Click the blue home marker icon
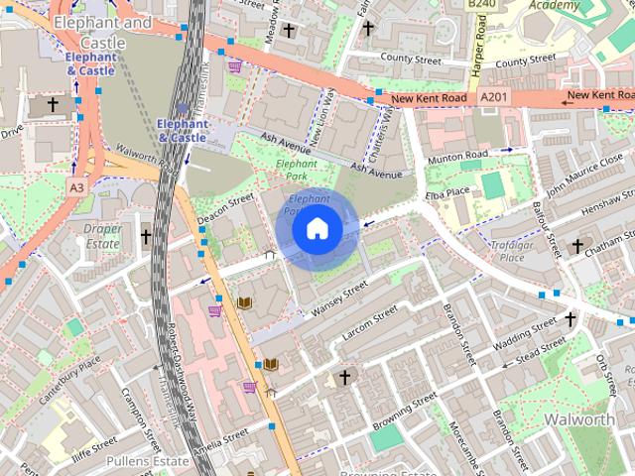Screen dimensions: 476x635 coord(317,229)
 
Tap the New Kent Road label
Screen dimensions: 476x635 coord(429,99)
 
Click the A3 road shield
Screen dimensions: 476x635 coord(76,186)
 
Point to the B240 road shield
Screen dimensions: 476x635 coord(481,4)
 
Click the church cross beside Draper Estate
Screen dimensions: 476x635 coord(146,237)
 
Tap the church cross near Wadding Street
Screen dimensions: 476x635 coord(570,319)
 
